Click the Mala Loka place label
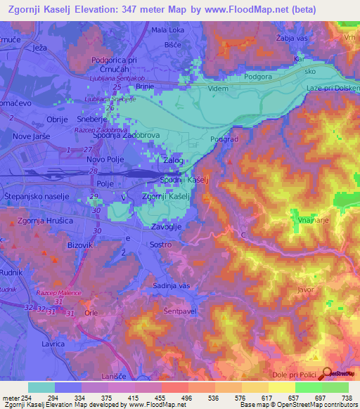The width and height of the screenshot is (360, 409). pos(167,30)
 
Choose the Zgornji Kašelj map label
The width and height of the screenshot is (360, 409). pos(167,197)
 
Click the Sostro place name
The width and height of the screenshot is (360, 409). pos(162,245)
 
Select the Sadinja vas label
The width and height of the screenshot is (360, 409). pos(172,286)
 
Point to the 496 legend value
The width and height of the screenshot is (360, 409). pos(188,398)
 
